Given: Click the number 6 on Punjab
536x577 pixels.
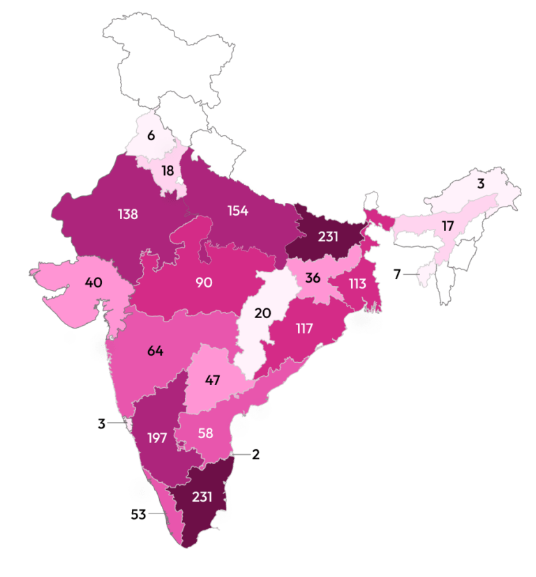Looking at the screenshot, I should [x=151, y=135].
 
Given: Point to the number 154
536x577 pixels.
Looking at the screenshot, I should [x=237, y=211].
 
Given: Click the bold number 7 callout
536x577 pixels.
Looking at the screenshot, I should [x=396, y=274].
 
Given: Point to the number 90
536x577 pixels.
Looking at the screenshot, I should [x=204, y=283].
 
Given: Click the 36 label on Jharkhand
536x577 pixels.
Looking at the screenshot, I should [x=312, y=278].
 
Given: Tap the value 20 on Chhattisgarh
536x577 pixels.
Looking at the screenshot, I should [x=262, y=313].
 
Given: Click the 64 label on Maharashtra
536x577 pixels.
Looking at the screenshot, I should [x=155, y=350].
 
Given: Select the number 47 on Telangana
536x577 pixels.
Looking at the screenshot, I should [x=213, y=380].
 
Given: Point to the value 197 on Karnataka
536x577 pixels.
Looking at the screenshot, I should [x=157, y=438].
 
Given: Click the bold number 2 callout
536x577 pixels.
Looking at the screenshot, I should [x=255, y=454].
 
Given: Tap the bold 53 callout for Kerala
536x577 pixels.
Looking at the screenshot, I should [x=140, y=515].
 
